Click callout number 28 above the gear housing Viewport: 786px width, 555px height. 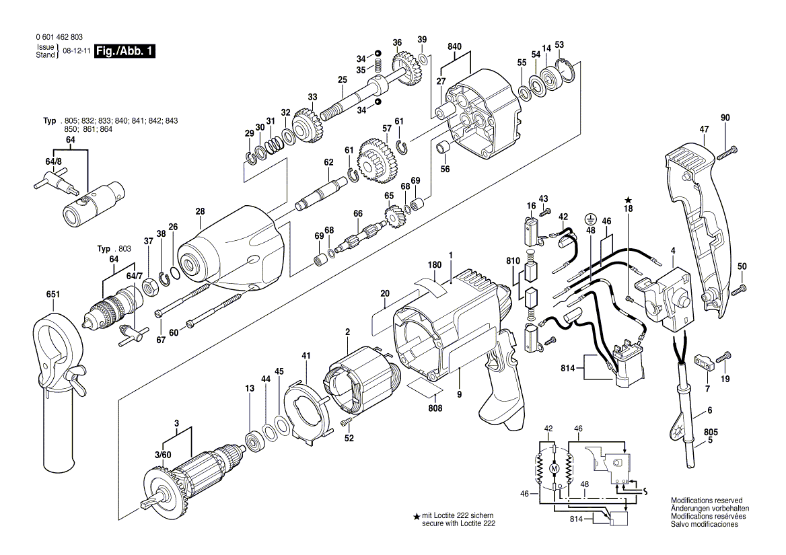200,212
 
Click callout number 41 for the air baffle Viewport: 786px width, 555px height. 306,355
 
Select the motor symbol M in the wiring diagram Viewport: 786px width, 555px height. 555,468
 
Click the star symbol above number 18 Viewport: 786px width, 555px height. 628,200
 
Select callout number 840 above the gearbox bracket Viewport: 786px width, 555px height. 455,46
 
